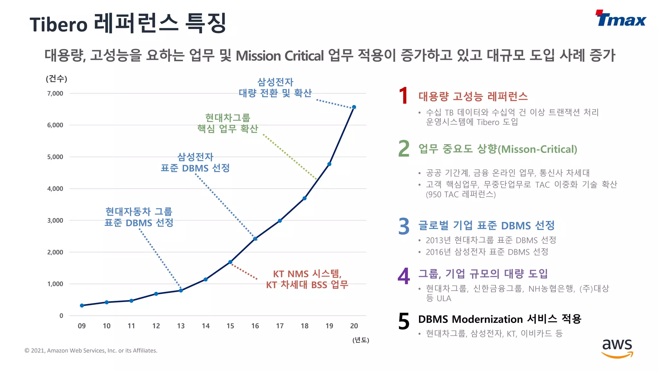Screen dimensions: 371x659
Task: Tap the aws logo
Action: (x=617, y=348)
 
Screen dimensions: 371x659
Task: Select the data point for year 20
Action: (x=354, y=107)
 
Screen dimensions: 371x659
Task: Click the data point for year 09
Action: (x=82, y=305)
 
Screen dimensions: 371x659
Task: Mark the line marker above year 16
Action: (x=255, y=239)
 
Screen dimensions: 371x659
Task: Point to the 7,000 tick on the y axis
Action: (x=55, y=93)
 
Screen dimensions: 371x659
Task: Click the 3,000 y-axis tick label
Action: (x=55, y=221)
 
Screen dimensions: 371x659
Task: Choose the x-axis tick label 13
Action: (x=181, y=326)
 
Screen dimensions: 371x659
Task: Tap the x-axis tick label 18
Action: (x=304, y=326)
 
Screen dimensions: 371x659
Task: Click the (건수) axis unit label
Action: (x=57, y=79)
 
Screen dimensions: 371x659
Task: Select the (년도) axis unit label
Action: (x=361, y=340)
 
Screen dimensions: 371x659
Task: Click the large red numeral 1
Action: (x=404, y=96)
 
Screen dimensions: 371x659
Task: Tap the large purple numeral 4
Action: (x=404, y=276)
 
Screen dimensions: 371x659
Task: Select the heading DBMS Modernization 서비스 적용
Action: (x=499, y=319)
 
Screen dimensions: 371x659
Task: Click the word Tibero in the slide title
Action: (x=59, y=24)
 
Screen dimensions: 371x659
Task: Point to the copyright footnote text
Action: (x=91, y=350)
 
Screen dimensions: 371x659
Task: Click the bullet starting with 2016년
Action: (x=487, y=252)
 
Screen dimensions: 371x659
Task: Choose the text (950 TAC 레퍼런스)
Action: (x=461, y=194)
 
